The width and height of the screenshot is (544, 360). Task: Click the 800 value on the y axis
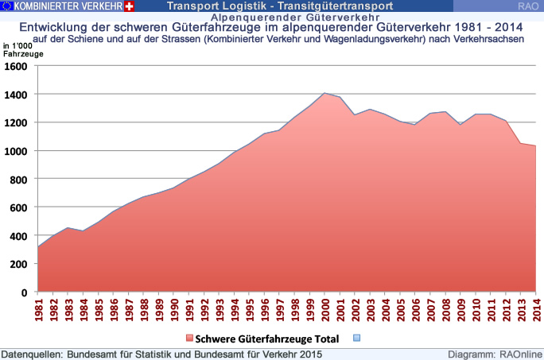[19, 180]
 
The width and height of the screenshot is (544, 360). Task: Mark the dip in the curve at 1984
[83, 231]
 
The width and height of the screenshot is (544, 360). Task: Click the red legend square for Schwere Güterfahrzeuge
[189, 339]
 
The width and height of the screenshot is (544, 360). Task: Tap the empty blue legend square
[356, 339]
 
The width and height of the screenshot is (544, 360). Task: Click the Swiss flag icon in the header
[130, 6]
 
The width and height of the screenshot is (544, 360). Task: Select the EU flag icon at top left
[7, 6]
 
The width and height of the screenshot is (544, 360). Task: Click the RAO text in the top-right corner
[527, 6]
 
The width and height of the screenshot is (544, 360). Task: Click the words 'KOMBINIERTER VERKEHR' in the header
[69, 6]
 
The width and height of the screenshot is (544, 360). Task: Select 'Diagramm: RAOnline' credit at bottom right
[495, 354]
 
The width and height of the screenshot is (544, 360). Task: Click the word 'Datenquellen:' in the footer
[33, 354]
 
